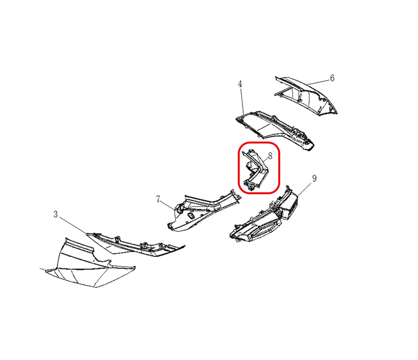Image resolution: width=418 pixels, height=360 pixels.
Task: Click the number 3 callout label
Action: (x=55, y=214)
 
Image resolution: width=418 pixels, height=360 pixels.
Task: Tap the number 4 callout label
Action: (x=240, y=84)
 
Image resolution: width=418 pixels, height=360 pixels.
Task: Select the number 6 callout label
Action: (x=332, y=78)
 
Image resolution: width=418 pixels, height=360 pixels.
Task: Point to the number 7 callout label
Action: (x=158, y=199)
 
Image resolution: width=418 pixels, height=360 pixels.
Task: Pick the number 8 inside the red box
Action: (x=270, y=156)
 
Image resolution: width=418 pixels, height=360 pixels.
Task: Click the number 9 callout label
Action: (x=314, y=179)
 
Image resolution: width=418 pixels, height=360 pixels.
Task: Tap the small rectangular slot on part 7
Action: (x=190, y=215)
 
